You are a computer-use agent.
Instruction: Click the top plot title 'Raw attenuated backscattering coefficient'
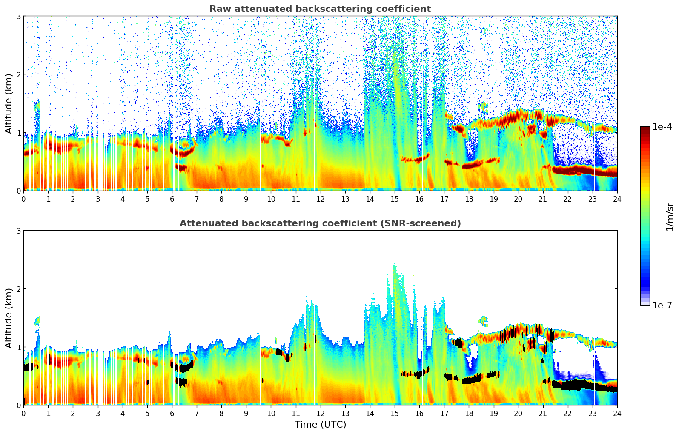320,9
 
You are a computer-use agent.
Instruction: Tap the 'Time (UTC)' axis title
320,424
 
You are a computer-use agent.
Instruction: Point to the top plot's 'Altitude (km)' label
9,103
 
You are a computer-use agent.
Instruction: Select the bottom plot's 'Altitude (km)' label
9,318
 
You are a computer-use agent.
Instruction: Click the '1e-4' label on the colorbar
662,127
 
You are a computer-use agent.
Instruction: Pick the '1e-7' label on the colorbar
662,305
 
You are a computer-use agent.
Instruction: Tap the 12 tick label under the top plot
320,199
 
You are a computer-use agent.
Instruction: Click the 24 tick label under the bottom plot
617,413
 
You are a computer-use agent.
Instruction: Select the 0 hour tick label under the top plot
24,199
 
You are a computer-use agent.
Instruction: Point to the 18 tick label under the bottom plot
469,413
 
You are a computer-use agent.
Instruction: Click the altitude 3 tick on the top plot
18,16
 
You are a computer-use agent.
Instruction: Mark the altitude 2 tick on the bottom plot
18,289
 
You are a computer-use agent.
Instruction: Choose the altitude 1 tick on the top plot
18,133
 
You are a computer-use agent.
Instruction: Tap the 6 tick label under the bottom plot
172,413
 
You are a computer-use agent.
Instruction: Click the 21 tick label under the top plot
543,199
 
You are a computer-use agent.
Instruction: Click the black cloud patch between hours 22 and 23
579,385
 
